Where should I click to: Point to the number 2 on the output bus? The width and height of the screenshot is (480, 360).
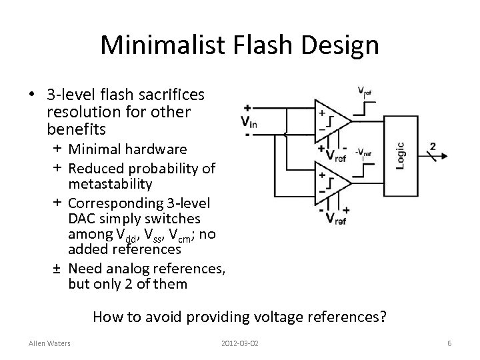pos(433,146)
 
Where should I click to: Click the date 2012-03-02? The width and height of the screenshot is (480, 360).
pos(239,343)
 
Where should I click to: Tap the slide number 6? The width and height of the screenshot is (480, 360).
pos(450,343)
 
